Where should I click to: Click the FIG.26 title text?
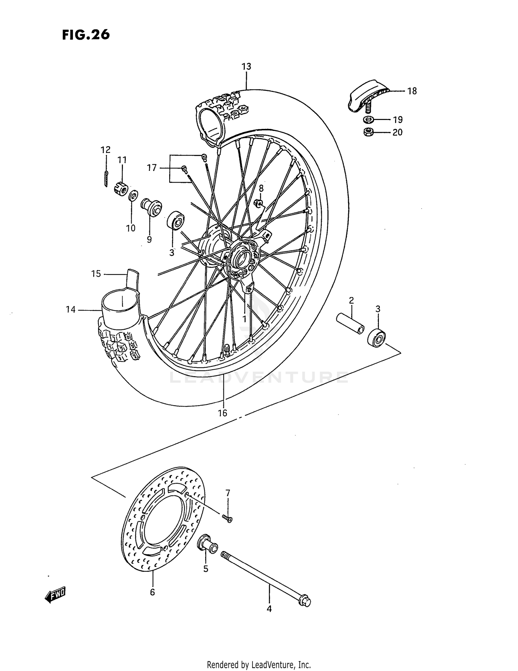point(86,35)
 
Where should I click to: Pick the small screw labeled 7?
point(228,518)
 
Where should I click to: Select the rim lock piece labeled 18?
point(366,95)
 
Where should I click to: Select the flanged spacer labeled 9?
point(151,207)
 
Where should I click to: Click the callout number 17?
point(152,168)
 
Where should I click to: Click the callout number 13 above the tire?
point(246,66)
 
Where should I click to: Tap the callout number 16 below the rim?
point(223,413)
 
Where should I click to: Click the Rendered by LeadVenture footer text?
point(259,664)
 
